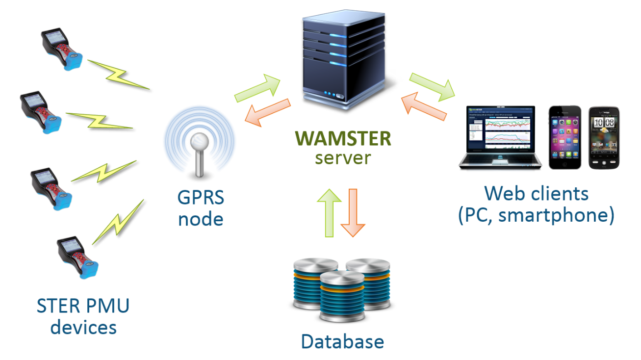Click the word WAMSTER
click(x=343, y=139)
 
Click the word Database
click(x=342, y=341)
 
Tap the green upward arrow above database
click(x=329, y=212)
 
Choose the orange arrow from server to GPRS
click(x=267, y=111)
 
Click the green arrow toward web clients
click(x=432, y=86)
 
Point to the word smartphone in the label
click(x=556, y=216)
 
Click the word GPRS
click(x=201, y=198)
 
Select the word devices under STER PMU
click(x=83, y=327)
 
